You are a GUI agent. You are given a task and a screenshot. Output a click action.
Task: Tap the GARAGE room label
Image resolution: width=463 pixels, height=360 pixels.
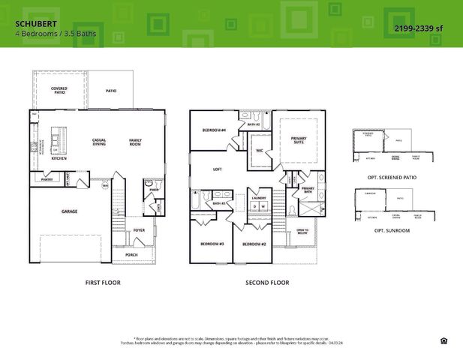69,211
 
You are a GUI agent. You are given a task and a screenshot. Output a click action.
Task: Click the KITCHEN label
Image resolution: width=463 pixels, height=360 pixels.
59,159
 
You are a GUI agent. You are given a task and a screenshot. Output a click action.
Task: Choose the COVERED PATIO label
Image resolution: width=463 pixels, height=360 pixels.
59,91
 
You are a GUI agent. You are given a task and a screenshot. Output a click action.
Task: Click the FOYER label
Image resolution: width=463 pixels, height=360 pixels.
139,230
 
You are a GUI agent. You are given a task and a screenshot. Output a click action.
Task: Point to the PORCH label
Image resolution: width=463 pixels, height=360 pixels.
131,254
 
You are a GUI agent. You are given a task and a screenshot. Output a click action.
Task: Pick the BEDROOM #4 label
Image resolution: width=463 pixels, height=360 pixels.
214,130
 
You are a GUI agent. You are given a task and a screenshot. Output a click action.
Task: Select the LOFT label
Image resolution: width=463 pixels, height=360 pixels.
218,169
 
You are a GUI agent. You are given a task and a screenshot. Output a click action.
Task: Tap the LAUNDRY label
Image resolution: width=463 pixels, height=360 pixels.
259,197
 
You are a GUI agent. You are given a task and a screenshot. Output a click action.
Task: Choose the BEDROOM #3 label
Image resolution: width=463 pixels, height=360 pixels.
212,244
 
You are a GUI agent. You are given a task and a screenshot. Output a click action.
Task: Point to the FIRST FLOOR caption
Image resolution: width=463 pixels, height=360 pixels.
104,283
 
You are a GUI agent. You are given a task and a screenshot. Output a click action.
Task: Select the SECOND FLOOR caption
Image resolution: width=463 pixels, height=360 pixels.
267,283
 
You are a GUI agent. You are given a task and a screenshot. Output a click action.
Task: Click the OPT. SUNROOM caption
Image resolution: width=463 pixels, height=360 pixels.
392,230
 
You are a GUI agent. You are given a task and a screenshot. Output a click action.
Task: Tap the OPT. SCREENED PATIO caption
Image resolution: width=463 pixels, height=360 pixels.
392,177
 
